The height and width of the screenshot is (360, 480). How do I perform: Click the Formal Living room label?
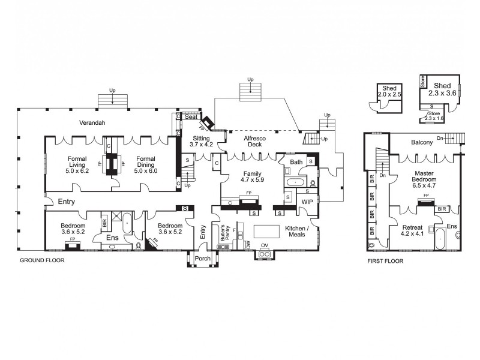(x=77, y=164)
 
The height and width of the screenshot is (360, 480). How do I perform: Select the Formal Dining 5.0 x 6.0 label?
(x=146, y=164)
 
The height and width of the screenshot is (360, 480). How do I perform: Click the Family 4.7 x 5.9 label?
(x=253, y=175)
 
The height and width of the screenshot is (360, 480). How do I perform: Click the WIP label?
(x=307, y=202)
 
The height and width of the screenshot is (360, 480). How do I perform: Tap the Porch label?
(x=203, y=260)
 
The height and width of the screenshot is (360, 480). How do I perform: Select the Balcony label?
(x=422, y=143)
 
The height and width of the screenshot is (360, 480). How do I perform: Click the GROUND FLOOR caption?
(x=42, y=260)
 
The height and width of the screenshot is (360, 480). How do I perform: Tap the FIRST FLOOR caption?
(x=385, y=261)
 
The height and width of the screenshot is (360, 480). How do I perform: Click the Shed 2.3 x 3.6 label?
(x=442, y=89)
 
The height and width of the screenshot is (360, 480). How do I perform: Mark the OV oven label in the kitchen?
(x=264, y=245)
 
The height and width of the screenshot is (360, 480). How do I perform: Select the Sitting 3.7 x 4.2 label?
(x=201, y=141)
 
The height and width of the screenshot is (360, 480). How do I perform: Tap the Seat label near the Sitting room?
(x=191, y=117)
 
